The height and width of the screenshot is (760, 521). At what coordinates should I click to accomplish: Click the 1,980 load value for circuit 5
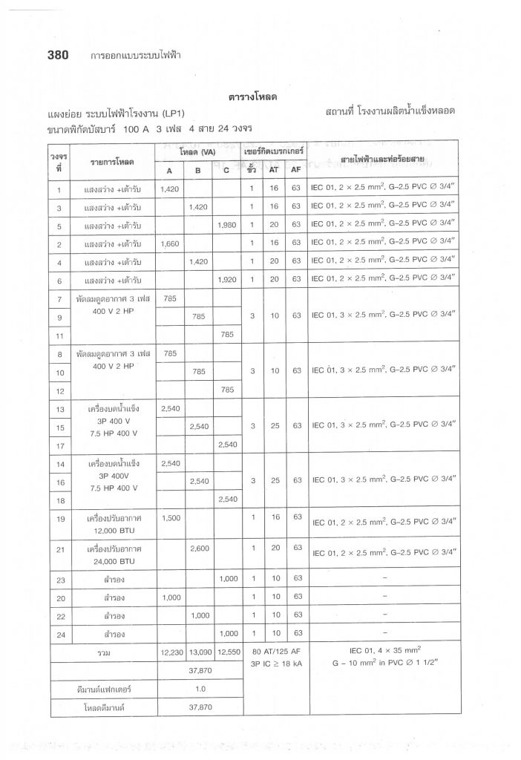(x=225, y=224)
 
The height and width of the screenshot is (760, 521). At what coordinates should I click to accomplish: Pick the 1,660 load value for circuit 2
(x=170, y=243)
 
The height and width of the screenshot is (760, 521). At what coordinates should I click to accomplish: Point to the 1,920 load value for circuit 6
(x=225, y=279)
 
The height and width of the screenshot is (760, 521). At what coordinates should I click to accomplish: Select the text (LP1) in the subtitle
(x=171, y=112)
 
